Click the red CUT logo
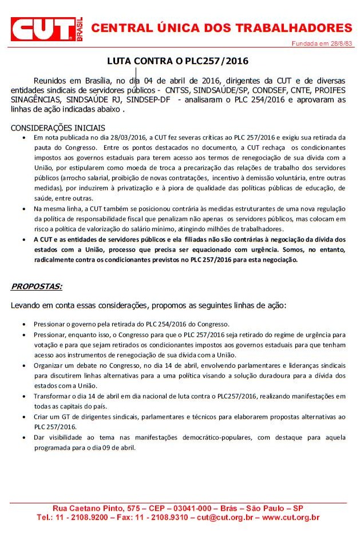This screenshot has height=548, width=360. (43, 29)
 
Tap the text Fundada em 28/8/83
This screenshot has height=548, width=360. (322, 43)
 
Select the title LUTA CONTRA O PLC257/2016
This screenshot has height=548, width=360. (178, 61)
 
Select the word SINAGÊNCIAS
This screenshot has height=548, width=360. (34, 100)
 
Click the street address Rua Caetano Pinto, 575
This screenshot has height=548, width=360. (96, 508)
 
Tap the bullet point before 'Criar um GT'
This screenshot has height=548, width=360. (23, 417)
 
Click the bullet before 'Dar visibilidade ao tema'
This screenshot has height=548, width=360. (23, 438)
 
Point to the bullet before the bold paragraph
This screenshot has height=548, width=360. (23, 240)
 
